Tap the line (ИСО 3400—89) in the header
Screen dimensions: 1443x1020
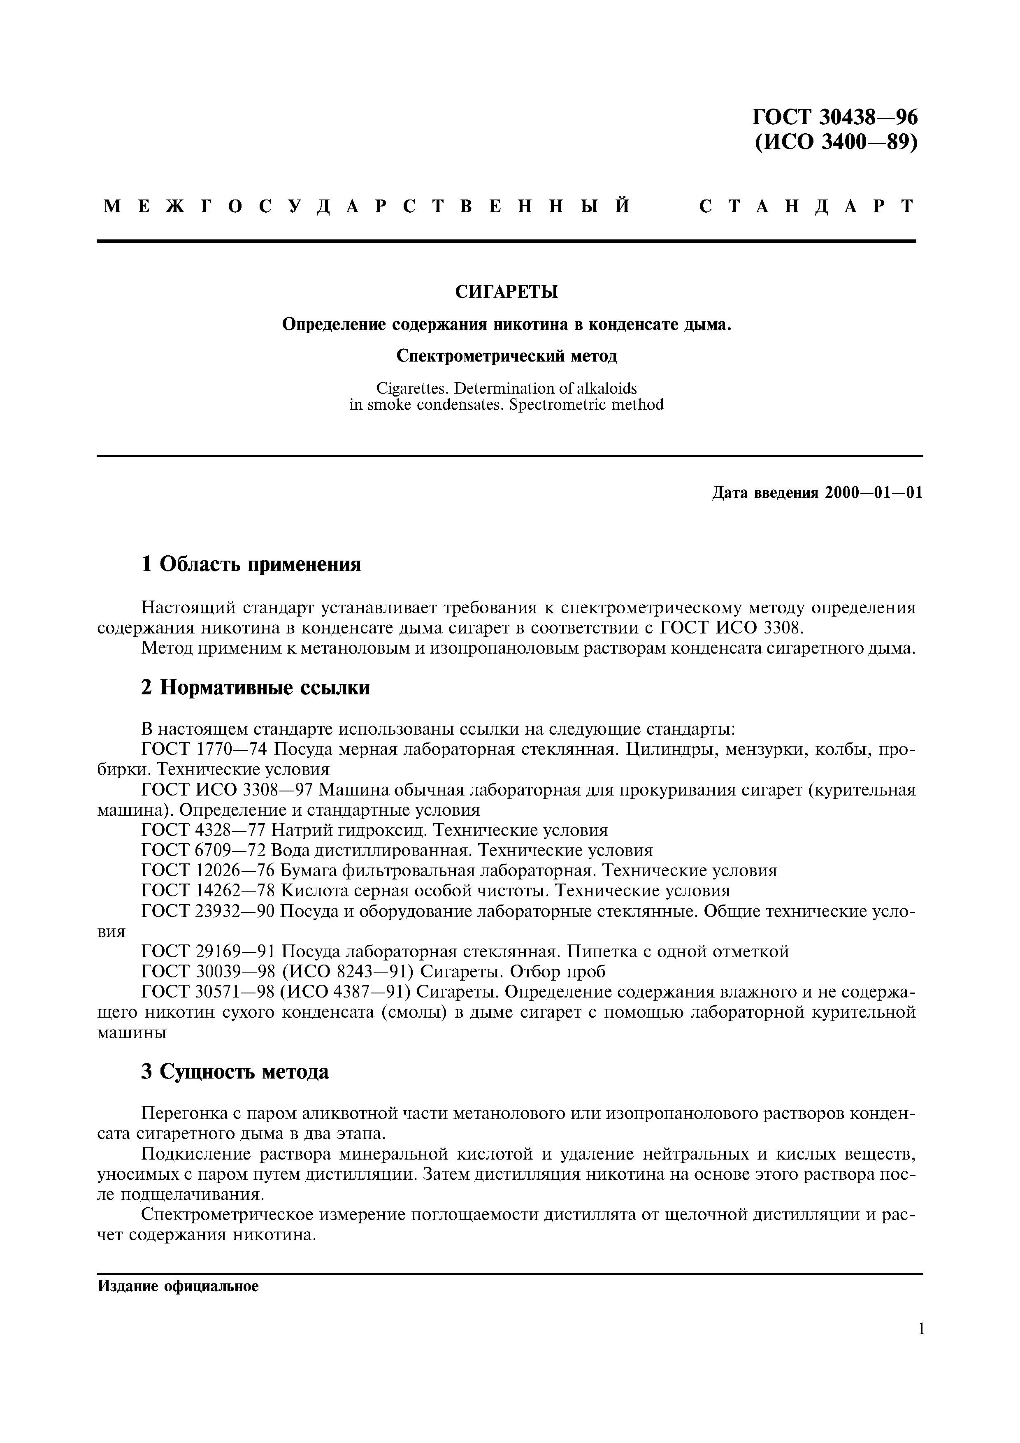(x=835, y=143)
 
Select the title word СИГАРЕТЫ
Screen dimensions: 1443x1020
(x=506, y=292)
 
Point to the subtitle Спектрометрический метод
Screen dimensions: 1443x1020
(x=507, y=356)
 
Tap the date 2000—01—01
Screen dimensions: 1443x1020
(x=874, y=493)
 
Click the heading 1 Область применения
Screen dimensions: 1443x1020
(x=251, y=564)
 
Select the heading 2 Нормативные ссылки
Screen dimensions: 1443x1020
(x=255, y=687)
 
